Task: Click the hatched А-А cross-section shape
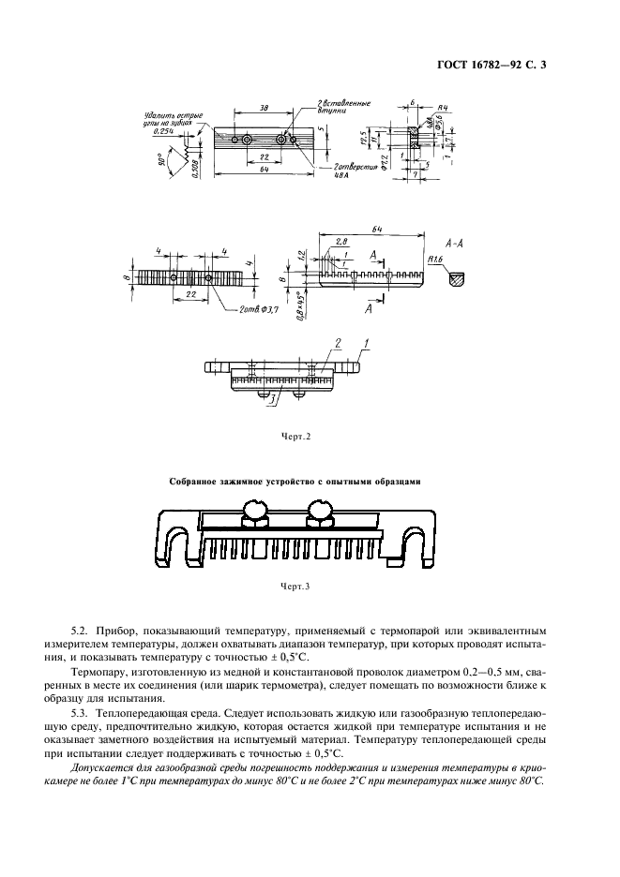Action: pos(457,278)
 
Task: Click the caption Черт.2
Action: pos(295,436)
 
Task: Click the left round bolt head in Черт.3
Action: pos(254,510)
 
